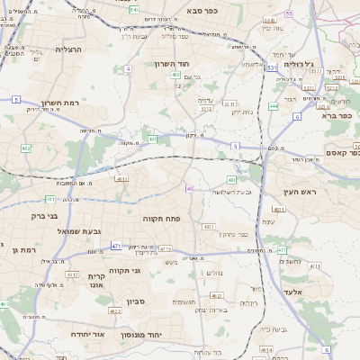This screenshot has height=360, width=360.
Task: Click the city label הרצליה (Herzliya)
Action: tap(69, 49)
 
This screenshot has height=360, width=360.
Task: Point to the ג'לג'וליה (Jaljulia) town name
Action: tap(298, 64)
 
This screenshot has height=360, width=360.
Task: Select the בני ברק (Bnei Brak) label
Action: tap(37, 216)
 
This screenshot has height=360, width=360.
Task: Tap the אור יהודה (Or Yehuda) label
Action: tap(87, 333)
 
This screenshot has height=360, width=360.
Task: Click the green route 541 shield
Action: tap(133, 9)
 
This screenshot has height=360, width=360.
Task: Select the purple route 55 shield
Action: tap(288, 14)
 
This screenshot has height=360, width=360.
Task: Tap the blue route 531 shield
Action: tap(271, 67)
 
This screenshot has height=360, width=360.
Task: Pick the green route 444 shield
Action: tap(273, 107)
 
